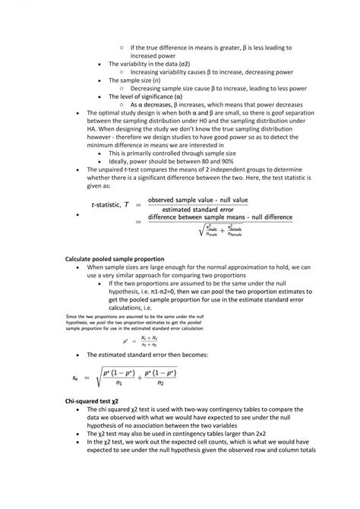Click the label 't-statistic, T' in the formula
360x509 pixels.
pyautogui.click(x=109, y=205)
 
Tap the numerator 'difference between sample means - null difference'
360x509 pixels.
pyautogui.click(x=219, y=217)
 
